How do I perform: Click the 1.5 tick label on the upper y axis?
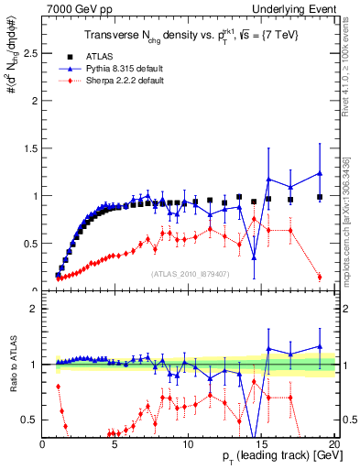tap(29, 147)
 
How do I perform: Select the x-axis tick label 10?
tap(187, 443)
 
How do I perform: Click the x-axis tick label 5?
tap(115, 443)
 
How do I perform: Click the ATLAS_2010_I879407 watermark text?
tap(191, 273)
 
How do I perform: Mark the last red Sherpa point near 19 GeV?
tap(319, 277)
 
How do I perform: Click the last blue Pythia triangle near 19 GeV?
tap(319, 173)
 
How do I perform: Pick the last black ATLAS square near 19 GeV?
tap(319, 197)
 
